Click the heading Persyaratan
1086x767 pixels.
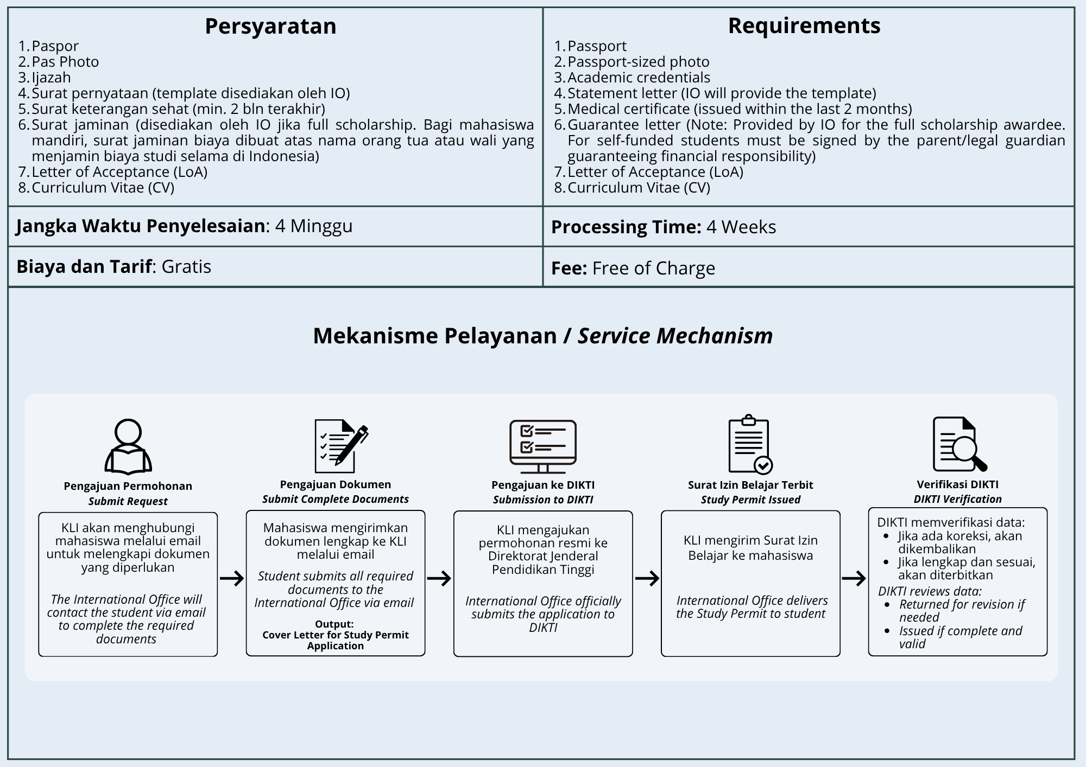click(x=270, y=26)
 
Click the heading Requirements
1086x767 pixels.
click(x=804, y=25)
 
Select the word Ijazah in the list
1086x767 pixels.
click(x=51, y=78)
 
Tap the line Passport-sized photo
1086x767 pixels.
click(x=638, y=62)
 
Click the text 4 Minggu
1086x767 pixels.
click(x=314, y=226)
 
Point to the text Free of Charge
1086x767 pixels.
click(x=653, y=268)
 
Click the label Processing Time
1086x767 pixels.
click(x=626, y=227)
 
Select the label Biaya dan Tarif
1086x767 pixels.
click(x=84, y=266)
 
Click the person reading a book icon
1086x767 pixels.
click(x=128, y=446)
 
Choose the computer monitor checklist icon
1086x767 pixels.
click(x=542, y=446)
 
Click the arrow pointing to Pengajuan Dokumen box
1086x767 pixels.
click(x=232, y=578)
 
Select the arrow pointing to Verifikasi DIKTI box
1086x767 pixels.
click(x=854, y=578)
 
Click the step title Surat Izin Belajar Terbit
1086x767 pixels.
click(x=750, y=485)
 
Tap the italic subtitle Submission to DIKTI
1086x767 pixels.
click(x=543, y=500)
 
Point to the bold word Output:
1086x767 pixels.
click(x=334, y=624)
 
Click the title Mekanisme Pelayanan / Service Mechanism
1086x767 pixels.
click(x=542, y=336)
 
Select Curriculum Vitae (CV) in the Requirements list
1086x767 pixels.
click(x=639, y=188)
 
